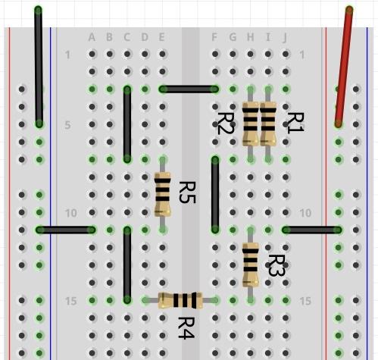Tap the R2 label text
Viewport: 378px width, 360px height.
point(225,123)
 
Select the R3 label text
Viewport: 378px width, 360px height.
point(276,265)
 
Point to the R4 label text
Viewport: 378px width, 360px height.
point(185,326)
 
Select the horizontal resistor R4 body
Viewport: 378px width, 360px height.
point(180,300)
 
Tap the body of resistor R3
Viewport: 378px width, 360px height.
point(251,264)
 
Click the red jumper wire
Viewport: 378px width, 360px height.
point(344,67)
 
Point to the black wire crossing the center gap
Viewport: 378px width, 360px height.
point(189,89)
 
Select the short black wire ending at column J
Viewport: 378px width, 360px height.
point(311,230)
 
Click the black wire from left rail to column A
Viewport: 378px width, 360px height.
point(65,230)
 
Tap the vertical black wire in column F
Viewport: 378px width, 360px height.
point(216,194)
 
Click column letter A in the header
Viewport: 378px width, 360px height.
point(92,37)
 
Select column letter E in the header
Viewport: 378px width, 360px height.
point(162,37)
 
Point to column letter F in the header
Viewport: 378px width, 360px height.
point(216,37)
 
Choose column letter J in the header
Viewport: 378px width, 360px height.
point(286,37)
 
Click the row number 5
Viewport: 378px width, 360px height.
point(68,125)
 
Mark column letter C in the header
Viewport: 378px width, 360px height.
point(127,37)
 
